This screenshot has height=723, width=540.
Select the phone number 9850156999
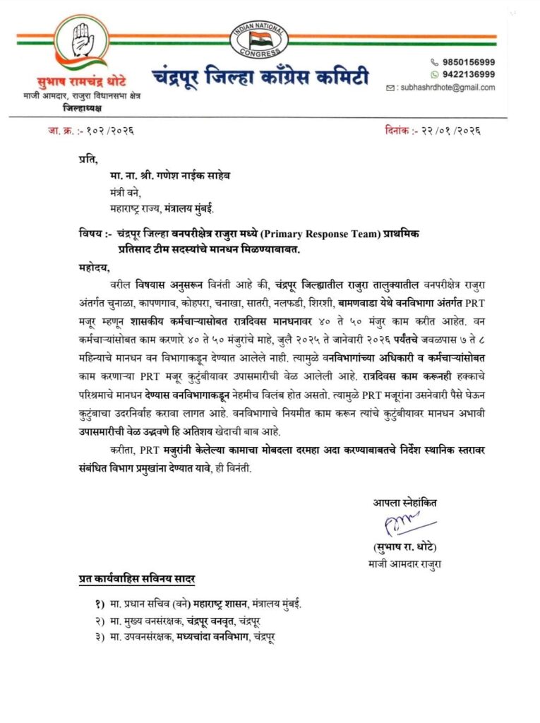[469, 62]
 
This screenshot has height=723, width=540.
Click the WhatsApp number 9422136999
[469, 74]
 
